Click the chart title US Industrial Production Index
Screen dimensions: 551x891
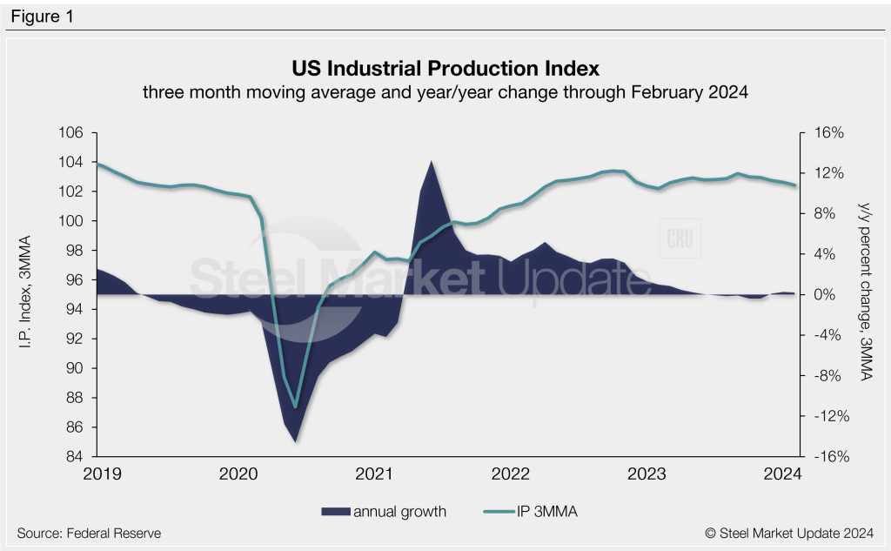(445, 67)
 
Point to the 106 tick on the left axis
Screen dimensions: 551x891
(71, 132)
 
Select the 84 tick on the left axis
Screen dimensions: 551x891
(75, 457)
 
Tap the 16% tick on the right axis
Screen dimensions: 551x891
(829, 132)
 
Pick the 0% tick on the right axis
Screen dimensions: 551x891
(825, 295)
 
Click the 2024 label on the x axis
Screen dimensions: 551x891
(783, 474)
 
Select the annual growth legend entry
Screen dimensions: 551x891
(383, 512)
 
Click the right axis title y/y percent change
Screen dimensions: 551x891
(862, 295)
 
